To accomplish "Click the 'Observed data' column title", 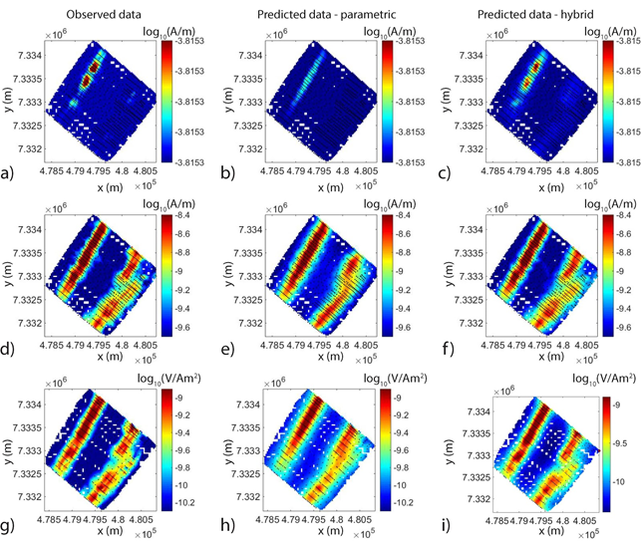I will coord(97,14).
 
